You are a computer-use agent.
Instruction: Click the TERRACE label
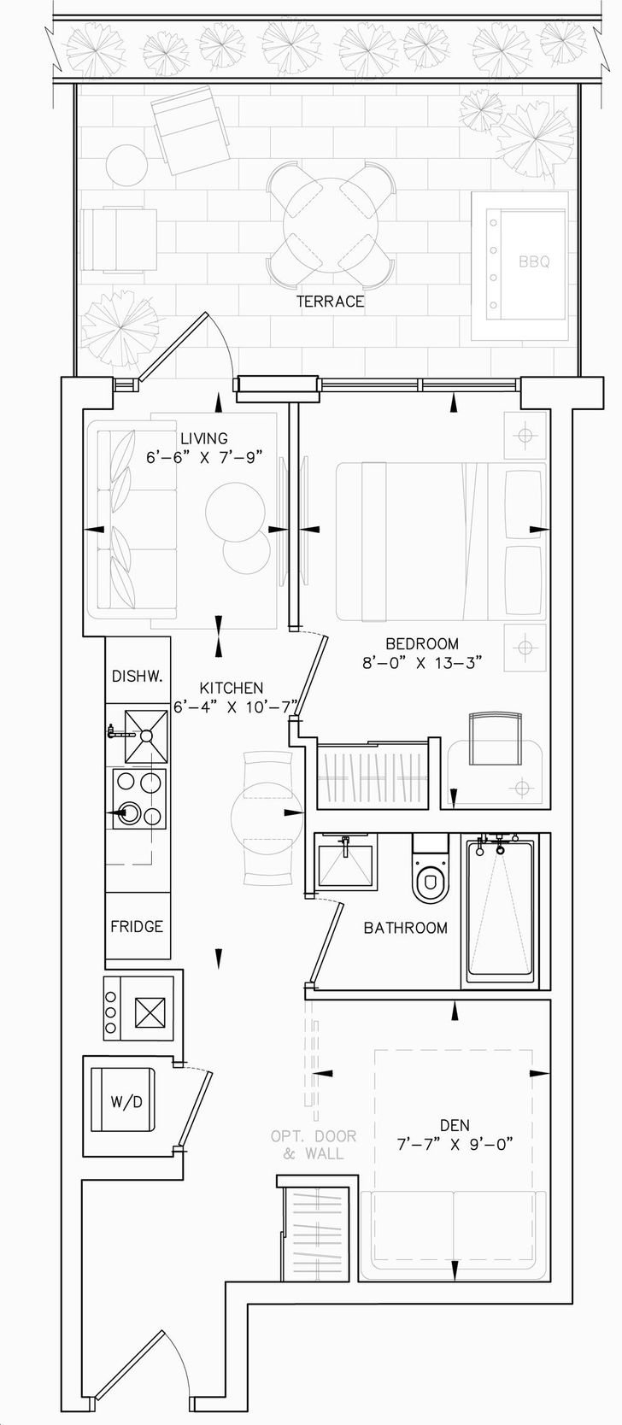(x=330, y=301)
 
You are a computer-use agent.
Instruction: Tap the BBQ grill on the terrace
(x=519, y=266)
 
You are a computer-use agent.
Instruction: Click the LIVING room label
(x=204, y=438)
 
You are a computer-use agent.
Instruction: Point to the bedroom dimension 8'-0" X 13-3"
(x=420, y=663)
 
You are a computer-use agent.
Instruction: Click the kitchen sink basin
(x=146, y=736)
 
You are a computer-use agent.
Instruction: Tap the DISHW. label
(x=138, y=676)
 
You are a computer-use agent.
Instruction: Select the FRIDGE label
(x=137, y=926)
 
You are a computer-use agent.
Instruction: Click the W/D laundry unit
(x=123, y=1100)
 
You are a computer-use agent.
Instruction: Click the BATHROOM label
(x=405, y=928)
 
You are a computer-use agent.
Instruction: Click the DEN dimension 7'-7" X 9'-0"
(x=455, y=1145)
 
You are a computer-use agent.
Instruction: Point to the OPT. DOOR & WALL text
(x=314, y=1145)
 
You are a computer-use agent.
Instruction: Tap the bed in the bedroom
(x=441, y=542)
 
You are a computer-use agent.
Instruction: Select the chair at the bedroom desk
(x=496, y=738)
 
